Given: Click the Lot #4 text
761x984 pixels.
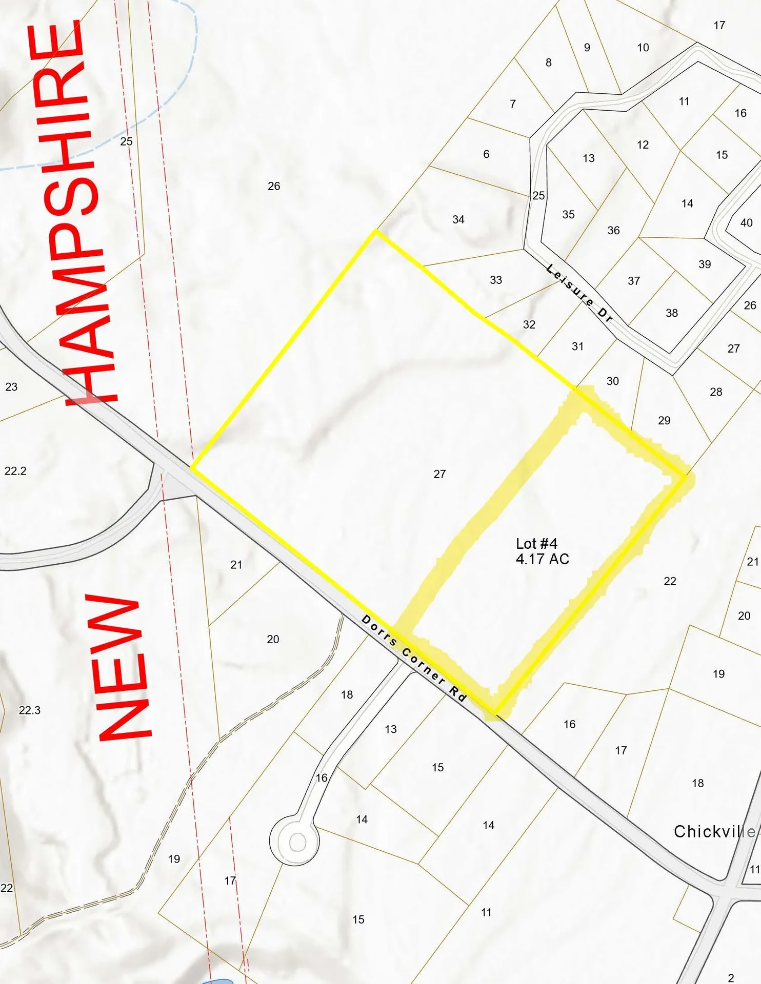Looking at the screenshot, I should click(536, 543).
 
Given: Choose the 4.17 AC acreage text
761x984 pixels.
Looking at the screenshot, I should click(543, 559).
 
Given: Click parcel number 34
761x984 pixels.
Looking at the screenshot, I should click(458, 220).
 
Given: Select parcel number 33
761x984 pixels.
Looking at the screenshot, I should click(496, 280).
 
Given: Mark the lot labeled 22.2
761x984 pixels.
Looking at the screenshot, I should click(15, 471).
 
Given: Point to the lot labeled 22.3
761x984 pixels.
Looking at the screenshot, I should click(29, 710).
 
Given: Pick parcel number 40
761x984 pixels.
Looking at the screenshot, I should click(746, 223).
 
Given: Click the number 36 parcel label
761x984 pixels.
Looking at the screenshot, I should click(613, 231).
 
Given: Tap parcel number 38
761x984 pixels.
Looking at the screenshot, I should click(672, 313).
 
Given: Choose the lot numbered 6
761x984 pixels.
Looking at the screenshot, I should click(486, 154).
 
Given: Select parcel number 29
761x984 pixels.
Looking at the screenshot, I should click(664, 421).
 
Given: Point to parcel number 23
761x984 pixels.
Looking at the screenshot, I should click(11, 387).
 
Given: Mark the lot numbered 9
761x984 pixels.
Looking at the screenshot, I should click(587, 48).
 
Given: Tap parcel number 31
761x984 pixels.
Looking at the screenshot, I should click(578, 346).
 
